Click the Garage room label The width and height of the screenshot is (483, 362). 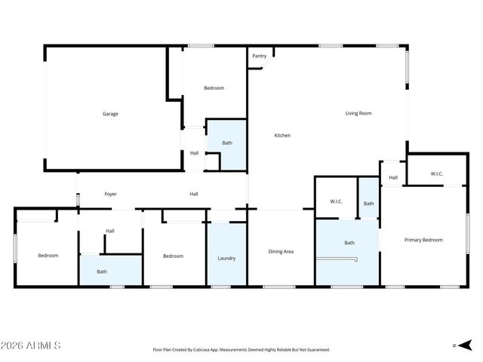(x=110, y=114)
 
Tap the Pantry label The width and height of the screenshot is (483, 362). (x=259, y=56)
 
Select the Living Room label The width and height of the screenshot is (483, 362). (x=358, y=114)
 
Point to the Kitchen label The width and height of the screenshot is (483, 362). (x=282, y=136)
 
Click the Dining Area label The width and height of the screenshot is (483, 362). (x=281, y=251)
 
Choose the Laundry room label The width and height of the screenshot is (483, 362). (x=226, y=258)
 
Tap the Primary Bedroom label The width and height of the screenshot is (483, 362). (x=423, y=240)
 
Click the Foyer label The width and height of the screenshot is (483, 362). (x=110, y=195)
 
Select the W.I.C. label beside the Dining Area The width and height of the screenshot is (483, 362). (x=337, y=201)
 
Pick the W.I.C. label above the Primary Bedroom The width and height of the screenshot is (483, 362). (x=437, y=174)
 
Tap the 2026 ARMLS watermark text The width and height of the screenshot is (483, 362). (x=31, y=345)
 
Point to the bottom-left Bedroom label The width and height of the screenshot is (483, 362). (x=48, y=256)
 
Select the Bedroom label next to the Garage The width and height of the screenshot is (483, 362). (x=214, y=88)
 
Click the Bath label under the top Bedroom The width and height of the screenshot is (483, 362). (x=226, y=143)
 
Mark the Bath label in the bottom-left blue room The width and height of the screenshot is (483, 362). (x=101, y=271)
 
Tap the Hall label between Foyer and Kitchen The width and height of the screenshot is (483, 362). (x=194, y=195)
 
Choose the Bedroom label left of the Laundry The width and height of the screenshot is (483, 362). (x=174, y=256)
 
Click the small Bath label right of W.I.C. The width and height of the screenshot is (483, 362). (x=368, y=204)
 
